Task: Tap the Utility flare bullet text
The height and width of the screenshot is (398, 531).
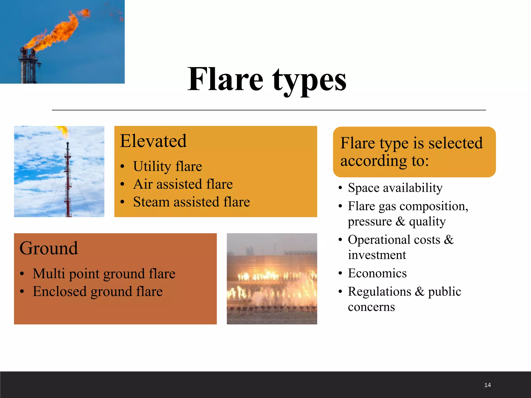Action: [x=167, y=166]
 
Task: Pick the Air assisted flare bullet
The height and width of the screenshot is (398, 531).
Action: [x=183, y=184]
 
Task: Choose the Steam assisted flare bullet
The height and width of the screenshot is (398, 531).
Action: [x=191, y=202]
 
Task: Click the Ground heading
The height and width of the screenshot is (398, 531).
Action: [x=48, y=248]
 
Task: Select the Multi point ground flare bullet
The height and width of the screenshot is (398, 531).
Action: [x=104, y=274]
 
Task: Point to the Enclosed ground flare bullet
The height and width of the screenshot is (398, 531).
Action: [x=98, y=292]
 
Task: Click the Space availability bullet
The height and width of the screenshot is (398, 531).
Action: [x=395, y=188]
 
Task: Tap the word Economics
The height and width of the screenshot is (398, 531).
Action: [x=377, y=273]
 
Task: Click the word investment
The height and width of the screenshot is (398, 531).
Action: [x=377, y=255]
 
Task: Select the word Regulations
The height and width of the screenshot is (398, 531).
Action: [x=379, y=292]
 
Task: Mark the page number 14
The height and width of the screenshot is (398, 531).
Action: [x=487, y=385]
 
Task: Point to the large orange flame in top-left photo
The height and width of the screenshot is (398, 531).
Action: [x=57, y=34]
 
